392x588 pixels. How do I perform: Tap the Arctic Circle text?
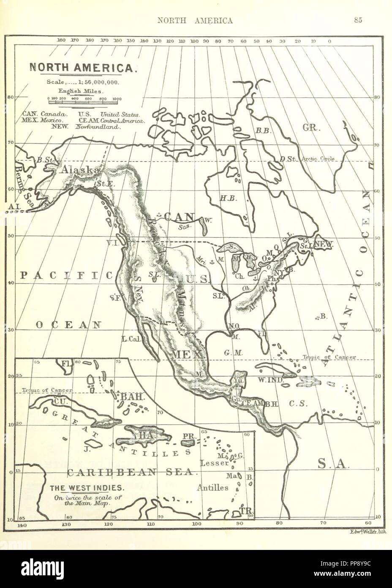pyautogui.click(x=318, y=159)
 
